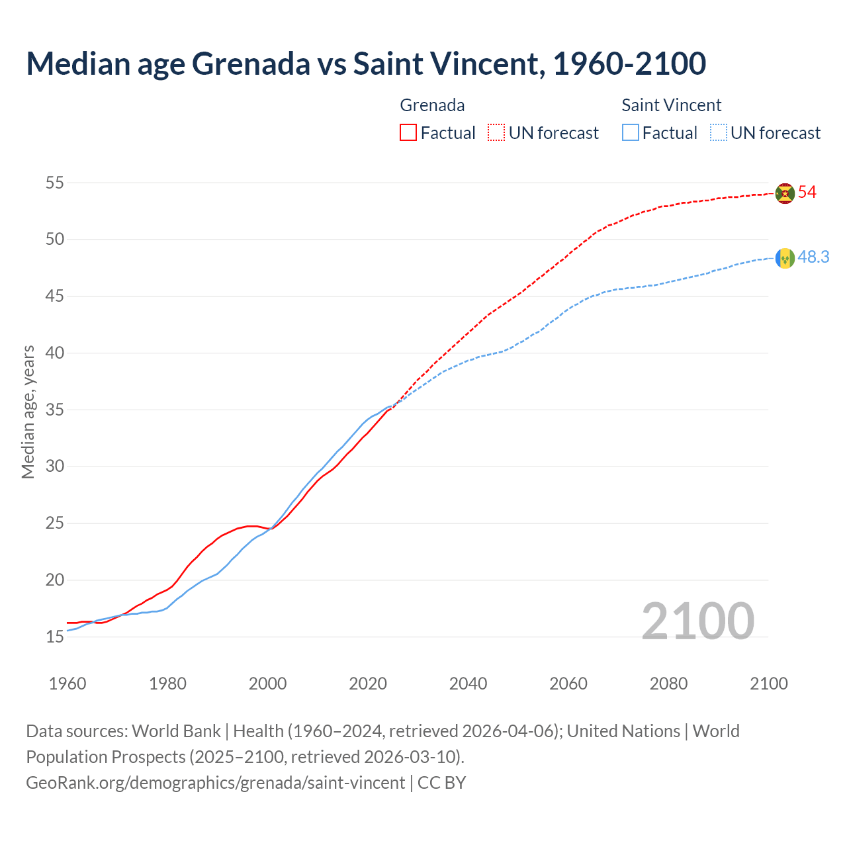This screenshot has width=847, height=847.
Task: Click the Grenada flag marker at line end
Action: click(x=785, y=193)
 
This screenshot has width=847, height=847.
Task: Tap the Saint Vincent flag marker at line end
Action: click(x=785, y=258)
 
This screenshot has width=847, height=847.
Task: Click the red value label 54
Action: click(x=807, y=193)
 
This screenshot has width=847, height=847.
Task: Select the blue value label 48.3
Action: click(x=813, y=257)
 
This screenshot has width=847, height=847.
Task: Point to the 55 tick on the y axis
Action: click(x=55, y=183)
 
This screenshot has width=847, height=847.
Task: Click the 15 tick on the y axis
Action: click(x=55, y=637)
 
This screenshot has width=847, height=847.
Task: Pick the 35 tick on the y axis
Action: click(x=55, y=410)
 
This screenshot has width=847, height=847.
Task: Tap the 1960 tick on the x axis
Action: click(x=67, y=684)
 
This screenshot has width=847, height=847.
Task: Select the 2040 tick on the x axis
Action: click(x=468, y=684)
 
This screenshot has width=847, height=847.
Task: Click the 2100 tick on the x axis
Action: click(x=768, y=684)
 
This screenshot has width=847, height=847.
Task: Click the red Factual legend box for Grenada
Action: click(x=408, y=133)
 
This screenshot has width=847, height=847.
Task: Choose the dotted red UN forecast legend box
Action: click(x=496, y=133)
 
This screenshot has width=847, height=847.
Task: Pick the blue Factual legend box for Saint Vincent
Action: click(x=631, y=133)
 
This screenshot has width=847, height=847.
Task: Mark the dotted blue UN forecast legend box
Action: click(x=719, y=133)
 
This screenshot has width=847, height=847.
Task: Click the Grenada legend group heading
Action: click(x=432, y=105)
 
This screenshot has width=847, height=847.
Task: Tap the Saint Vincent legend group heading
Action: click(x=671, y=105)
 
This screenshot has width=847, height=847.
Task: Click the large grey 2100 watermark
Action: click(x=698, y=621)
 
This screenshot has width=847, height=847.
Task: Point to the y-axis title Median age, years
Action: click(x=28, y=412)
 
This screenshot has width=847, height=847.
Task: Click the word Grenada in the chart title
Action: click(x=251, y=64)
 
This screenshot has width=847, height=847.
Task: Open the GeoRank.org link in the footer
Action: click(x=215, y=783)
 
